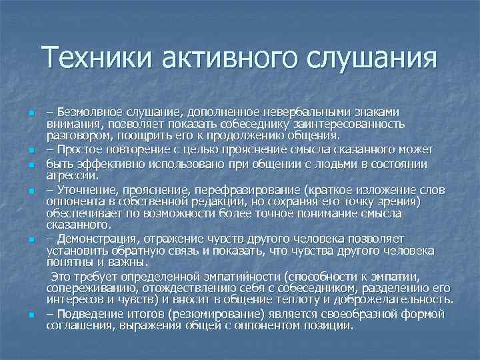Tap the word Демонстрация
click(97, 238)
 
